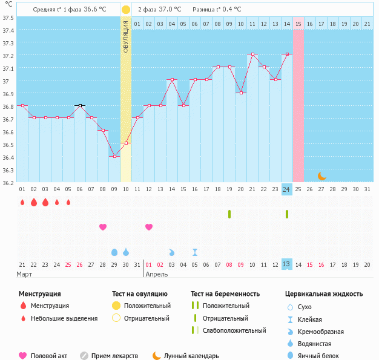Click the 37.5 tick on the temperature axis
(x=8, y=18)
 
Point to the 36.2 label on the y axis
(x=8, y=182)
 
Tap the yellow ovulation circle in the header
(x=125, y=10)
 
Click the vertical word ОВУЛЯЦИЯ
(x=126, y=36)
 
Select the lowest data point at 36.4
(x=114, y=157)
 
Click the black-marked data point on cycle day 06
(x=79, y=105)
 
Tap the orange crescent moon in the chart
(x=322, y=176)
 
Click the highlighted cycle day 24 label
(x=286, y=189)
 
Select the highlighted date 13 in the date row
(x=286, y=264)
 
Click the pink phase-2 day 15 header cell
(x=298, y=24)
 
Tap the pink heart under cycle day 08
(x=103, y=227)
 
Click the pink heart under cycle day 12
(x=149, y=227)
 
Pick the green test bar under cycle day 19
(x=229, y=214)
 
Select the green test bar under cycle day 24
(x=287, y=214)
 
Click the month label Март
(x=25, y=274)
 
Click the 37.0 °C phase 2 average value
(x=170, y=10)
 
